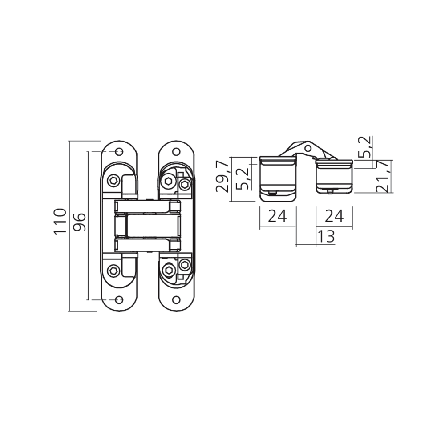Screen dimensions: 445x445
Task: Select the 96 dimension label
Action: pos(80,221)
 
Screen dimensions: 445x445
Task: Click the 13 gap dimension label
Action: pos(326,236)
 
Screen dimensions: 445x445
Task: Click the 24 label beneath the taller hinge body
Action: pos(277,216)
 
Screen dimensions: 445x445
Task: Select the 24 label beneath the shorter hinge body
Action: pos(334,216)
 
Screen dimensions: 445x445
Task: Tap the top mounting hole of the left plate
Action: pos(119,152)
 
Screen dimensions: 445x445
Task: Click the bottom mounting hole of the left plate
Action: pos(119,299)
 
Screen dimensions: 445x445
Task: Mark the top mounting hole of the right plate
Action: pos(176,152)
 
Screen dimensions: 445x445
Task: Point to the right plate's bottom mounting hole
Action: pos(176,299)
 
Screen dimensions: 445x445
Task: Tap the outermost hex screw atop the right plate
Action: pos(185,184)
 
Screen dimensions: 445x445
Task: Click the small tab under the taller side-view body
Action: pos(271,193)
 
